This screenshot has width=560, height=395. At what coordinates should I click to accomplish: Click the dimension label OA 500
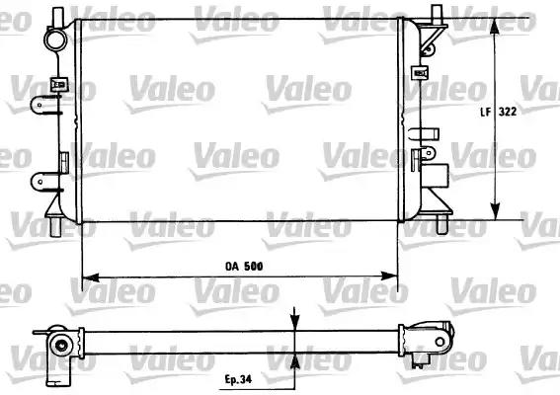coord(244,266)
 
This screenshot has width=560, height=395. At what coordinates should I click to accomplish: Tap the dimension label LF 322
coord(498,112)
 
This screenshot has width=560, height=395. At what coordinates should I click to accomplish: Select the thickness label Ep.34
coord(238,379)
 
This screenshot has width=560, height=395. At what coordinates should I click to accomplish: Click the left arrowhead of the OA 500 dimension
coord(90,276)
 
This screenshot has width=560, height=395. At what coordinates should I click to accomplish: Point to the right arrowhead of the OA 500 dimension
coord(389,276)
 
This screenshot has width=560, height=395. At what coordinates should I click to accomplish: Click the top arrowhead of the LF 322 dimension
coord(495,26)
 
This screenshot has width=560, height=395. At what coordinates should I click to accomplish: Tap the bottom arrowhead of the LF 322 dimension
coord(495,211)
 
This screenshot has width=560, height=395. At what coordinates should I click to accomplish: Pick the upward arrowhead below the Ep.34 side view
coord(294,362)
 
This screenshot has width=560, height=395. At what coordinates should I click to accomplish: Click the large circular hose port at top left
coord(55,39)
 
